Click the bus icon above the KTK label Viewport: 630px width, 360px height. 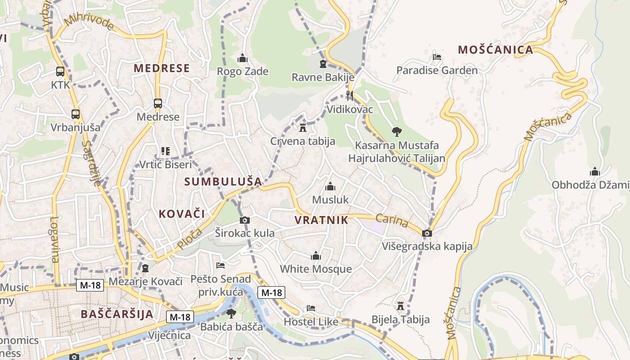(x=60, y=71)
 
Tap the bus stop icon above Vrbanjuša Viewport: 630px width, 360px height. (x=76, y=114)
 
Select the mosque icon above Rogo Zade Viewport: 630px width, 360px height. (x=243, y=58)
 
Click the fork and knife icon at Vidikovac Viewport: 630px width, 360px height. (x=350, y=95)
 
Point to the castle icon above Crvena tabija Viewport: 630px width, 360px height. (x=302, y=127)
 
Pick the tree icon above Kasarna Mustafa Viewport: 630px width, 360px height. (x=396, y=131)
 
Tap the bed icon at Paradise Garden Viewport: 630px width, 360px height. (x=436, y=57)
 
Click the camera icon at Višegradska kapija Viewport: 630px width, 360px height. (x=427, y=233)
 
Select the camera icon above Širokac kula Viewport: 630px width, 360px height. (x=244, y=220)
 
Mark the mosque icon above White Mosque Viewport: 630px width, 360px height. (x=316, y=256)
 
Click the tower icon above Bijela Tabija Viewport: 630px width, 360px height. (x=400, y=306)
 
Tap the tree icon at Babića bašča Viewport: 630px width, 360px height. (x=231, y=313)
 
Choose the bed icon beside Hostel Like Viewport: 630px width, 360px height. (x=310, y=308)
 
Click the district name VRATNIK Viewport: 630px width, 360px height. (x=321, y=220)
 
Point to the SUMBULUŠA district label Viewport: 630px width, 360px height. (x=223, y=182)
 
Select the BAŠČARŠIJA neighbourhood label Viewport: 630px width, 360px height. (x=117, y=314)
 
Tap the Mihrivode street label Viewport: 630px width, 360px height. (x=89, y=22)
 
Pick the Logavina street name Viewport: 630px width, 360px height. (x=54, y=240)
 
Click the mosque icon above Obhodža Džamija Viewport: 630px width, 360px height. (x=595, y=171)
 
